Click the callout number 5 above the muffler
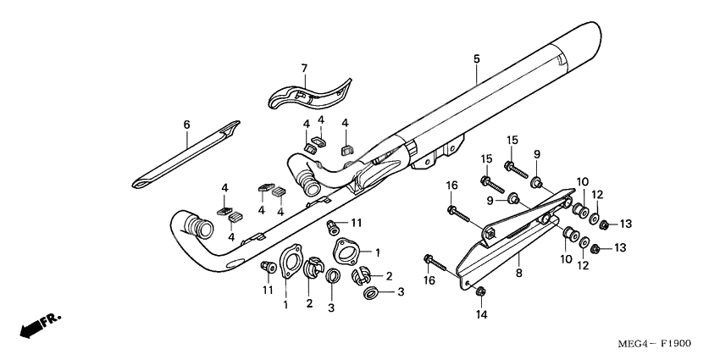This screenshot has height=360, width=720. [x=476, y=58]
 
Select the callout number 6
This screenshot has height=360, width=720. [x=186, y=124]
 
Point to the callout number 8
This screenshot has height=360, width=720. [x=518, y=274]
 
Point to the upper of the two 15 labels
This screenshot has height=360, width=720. [x=512, y=139]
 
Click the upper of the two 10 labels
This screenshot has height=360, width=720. [x=583, y=182]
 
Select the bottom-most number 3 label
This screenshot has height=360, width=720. [x=402, y=292]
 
